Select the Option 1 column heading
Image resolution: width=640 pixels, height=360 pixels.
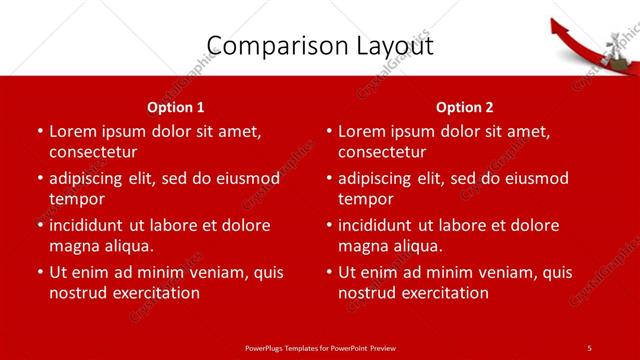coord(176,107)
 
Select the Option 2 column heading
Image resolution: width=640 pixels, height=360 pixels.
coord(465,107)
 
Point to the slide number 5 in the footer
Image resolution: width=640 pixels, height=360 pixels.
coord(590,347)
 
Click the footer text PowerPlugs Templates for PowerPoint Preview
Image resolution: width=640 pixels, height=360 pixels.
coord(320,347)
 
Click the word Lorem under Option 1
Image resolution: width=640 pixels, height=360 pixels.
coord(72,131)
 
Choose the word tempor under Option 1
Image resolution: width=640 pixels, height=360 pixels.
coord(76,199)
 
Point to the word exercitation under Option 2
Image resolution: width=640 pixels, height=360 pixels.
coord(442,293)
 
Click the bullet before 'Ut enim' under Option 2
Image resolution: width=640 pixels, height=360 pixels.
coord(329,272)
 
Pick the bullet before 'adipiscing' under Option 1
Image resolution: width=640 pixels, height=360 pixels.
coord(40,178)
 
